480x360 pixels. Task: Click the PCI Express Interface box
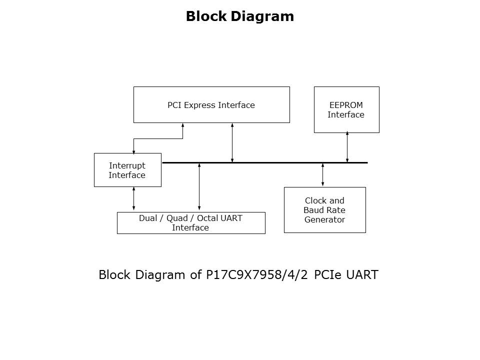[211, 104]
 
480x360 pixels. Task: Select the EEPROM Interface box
[346, 109]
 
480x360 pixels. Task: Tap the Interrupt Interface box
[127, 170]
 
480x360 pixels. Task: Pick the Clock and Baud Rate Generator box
[324, 210]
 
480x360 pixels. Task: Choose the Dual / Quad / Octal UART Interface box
[190, 223]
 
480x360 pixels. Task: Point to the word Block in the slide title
[206, 16]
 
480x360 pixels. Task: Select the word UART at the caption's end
[363, 275]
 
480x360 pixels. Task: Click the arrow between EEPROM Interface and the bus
[347, 147]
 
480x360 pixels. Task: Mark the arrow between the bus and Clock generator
[322, 174]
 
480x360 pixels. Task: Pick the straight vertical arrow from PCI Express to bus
[232, 142]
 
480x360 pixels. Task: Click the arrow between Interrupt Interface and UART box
[133, 198]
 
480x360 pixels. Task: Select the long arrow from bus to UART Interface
[199, 186]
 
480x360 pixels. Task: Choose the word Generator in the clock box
[324, 219]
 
